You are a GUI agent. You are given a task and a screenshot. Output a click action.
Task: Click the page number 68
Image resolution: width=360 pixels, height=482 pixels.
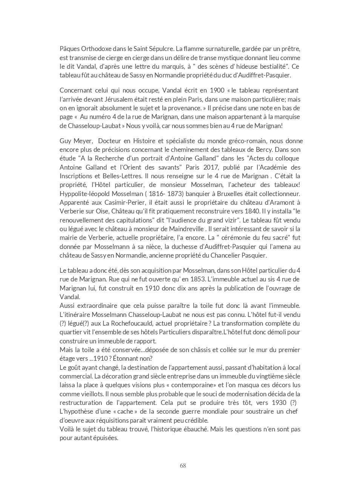click(183, 465)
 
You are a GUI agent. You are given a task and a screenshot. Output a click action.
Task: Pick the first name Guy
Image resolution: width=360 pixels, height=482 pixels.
click(65, 141)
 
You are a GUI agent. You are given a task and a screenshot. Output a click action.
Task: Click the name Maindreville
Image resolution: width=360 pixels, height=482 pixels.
click(185, 229)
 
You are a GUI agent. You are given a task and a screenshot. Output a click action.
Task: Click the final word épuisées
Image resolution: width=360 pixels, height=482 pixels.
click(107, 438)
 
